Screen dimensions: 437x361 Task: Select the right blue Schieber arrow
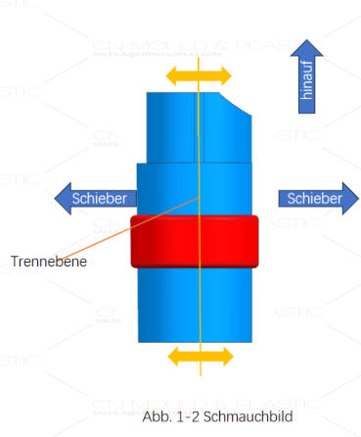[x=318, y=199]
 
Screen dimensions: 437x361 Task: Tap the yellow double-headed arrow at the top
[x=198, y=74]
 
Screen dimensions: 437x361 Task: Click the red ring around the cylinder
[x=194, y=241]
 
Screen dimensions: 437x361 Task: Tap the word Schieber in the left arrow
[x=99, y=199]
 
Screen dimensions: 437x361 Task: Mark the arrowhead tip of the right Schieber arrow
[x=358, y=199]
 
